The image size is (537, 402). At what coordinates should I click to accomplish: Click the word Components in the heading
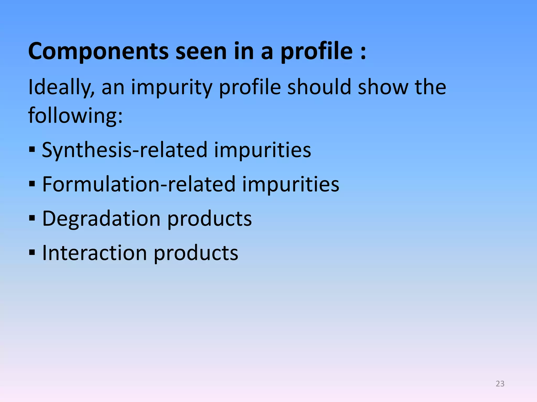[x=98, y=52]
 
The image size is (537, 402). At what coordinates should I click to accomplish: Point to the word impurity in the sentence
[x=172, y=88]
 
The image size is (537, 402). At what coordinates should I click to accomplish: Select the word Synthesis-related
[x=125, y=150]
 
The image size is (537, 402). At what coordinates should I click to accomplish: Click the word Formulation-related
[x=139, y=184]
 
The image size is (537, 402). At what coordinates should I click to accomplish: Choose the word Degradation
[x=101, y=219]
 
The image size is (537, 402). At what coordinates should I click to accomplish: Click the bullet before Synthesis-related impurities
[x=32, y=150]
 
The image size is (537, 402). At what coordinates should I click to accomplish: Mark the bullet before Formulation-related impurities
[x=32, y=184]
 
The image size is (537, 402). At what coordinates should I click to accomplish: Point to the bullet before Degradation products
[x=32, y=219]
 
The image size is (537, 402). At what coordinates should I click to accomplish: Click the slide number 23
[x=500, y=384]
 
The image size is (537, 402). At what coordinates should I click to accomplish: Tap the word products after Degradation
[x=209, y=219]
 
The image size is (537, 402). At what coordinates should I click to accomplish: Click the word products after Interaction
[x=196, y=253]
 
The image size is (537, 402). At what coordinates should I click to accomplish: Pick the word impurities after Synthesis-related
[x=262, y=150]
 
